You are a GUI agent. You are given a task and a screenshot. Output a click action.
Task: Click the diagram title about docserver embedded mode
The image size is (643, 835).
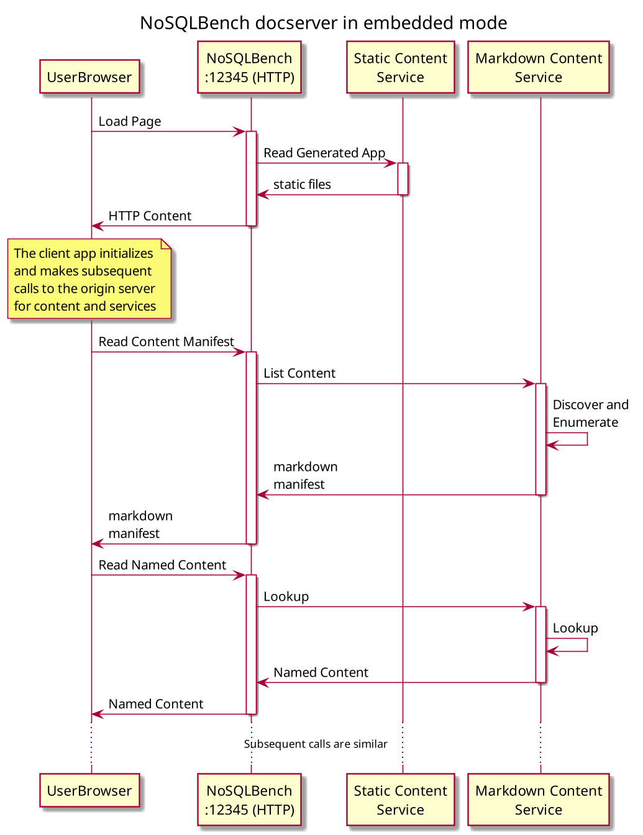(x=323, y=23)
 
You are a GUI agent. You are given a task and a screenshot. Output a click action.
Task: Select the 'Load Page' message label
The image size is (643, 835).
(x=129, y=122)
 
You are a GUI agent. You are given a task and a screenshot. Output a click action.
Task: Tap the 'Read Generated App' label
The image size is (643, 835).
(x=324, y=153)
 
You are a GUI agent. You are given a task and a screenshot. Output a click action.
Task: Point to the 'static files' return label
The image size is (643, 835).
(x=302, y=185)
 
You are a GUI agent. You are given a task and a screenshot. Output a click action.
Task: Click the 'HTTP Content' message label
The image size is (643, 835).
(x=150, y=216)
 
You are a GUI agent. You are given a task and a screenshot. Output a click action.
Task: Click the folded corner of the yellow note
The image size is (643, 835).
(x=166, y=244)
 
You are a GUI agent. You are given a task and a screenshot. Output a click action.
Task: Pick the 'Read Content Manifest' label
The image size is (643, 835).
(x=166, y=342)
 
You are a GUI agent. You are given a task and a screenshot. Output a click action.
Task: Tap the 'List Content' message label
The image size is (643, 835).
(x=299, y=373)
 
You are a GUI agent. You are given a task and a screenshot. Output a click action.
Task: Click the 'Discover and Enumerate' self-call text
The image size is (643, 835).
(x=590, y=413)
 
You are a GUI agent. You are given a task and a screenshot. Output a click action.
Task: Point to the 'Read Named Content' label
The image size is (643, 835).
(x=162, y=565)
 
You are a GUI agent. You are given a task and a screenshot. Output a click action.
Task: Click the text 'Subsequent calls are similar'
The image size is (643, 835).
(x=316, y=744)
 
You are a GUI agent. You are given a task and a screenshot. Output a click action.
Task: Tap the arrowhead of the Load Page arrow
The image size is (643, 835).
(x=240, y=132)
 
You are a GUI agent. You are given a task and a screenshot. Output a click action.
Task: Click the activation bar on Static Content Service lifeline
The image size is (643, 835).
(x=403, y=179)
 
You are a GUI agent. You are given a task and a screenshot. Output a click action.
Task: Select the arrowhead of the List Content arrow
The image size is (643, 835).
(x=529, y=384)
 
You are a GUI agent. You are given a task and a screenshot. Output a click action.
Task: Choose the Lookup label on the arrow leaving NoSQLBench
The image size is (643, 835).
(x=286, y=597)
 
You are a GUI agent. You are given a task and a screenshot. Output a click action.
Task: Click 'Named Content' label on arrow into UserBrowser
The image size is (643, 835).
(x=155, y=705)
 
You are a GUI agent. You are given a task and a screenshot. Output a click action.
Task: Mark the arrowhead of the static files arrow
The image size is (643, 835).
(x=262, y=195)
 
